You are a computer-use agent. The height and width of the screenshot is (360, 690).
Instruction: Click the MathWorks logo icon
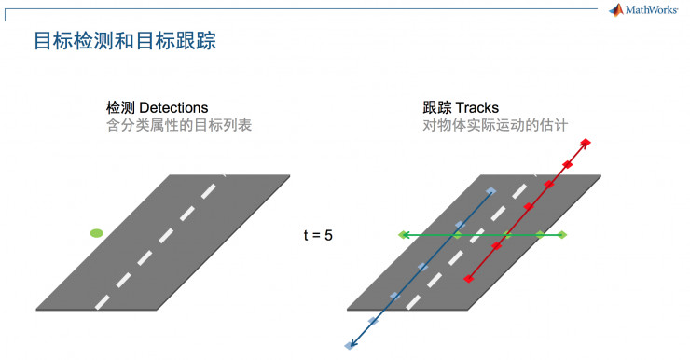[x=615, y=10]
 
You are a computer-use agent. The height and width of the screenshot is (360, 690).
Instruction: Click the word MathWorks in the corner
[x=652, y=11]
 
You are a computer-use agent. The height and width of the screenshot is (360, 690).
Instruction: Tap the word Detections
[x=173, y=108]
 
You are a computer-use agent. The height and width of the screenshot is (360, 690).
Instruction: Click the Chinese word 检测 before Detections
[x=120, y=108]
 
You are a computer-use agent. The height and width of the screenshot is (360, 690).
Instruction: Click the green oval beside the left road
[x=96, y=232]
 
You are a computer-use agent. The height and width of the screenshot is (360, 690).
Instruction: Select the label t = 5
[x=318, y=235]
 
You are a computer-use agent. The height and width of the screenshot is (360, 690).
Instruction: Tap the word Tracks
[x=477, y=108]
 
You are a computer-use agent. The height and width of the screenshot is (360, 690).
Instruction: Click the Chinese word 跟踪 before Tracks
[x=436, y=108]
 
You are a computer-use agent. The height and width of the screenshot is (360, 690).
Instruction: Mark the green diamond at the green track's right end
[x=563, y=235]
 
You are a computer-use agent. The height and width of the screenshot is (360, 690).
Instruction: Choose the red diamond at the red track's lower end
[x=469, y=277]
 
